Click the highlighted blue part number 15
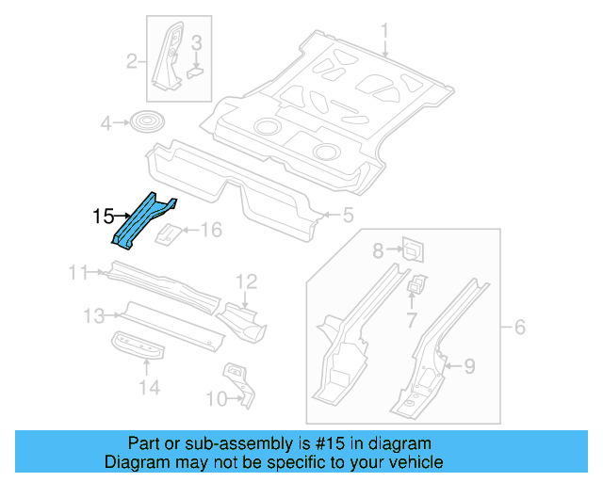[x=143, y=220]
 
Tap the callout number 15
[x=103, y=217]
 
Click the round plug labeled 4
[x=145, y=121]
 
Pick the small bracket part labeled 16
[x=170, y=233]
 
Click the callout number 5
[x=348, y=217]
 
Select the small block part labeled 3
[x=195, y=67]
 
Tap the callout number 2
[x=133, y=63]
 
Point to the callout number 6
[x=519, y=328]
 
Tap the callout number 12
[x=246, y=281]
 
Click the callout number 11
[x=79, y=273]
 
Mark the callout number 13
[x=94, y=314]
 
